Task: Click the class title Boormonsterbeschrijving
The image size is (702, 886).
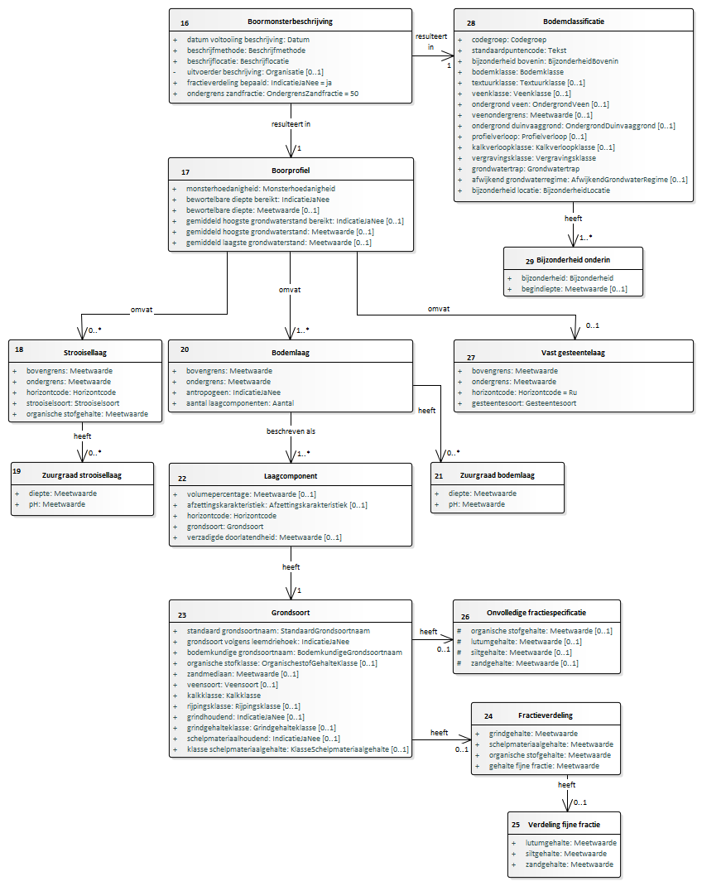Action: click(290, 22)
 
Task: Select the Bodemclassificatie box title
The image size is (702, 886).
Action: click(573, 22)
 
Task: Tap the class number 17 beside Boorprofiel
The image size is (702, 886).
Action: click(185, 172)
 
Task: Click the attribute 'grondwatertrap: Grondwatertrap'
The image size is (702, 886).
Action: click(525, 168)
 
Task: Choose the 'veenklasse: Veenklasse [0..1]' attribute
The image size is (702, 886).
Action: click(522, 94)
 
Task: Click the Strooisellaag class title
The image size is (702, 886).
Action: click(84, 353)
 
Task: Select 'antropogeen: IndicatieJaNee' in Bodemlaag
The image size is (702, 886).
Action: click(233, 392)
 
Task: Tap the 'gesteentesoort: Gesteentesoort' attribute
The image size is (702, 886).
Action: click(524, 403)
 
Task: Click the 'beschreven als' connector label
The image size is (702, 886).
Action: click(291, 431)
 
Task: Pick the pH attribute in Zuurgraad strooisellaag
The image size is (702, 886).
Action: click(57, 504)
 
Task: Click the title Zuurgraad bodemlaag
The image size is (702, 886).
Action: click(497, 475)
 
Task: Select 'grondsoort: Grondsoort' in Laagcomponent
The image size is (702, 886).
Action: click(225, 526)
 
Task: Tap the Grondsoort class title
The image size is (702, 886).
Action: click(291, 613)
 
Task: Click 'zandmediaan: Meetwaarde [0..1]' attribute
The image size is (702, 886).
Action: click(243, 673)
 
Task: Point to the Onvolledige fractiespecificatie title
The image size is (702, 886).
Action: click(536, 613)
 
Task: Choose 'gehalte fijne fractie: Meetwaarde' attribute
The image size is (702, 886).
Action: click(544, 766)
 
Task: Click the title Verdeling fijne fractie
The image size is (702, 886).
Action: click(564, 825)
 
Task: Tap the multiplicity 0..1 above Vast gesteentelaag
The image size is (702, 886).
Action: click(592, 325)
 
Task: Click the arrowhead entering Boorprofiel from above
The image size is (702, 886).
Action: click(291, 151)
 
